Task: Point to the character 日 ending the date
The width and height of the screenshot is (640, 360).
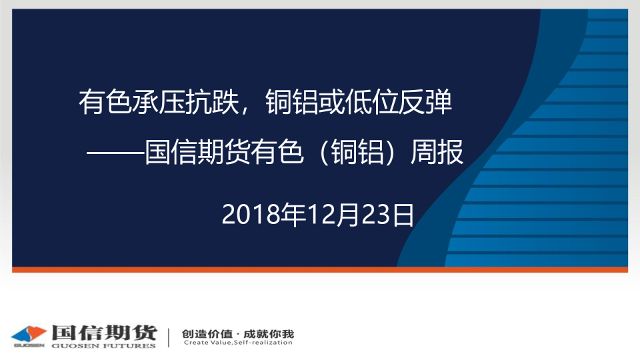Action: (403, 215)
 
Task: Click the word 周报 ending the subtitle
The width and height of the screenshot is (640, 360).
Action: (437, 152)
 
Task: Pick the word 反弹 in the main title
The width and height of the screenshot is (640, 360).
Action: (425, 101)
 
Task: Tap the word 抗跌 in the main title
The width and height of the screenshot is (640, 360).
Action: (212, 101)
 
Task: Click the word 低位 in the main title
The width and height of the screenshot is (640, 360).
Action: (371, 101)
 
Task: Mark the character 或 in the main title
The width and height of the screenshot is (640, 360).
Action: (331, 101)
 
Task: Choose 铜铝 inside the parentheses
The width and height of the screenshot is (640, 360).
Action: (357, 152)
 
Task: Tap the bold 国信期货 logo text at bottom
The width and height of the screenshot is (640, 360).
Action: (105, 333)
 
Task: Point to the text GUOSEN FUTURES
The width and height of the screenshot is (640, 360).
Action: (104, 346)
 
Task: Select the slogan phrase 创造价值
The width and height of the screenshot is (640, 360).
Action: (207, 334)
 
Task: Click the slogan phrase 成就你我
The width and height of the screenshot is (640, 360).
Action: (269, 334)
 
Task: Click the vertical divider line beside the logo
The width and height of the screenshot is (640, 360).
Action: (169, 337)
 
